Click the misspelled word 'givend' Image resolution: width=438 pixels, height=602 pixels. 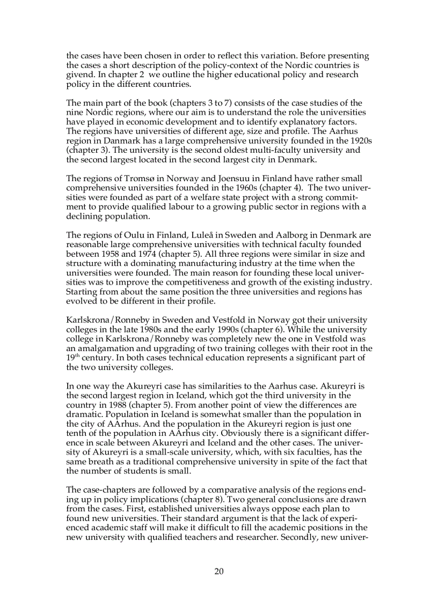[x=78, y=75]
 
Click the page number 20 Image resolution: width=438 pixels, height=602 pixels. [x=219, y=571]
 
